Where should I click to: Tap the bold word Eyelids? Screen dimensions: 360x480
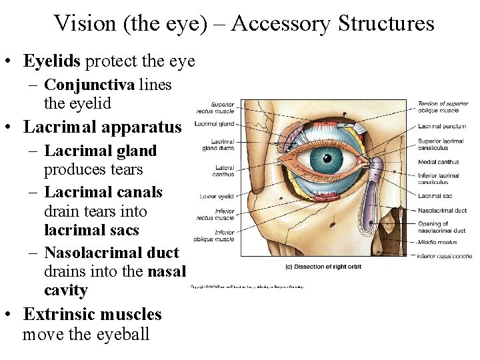click(x=52, y=61)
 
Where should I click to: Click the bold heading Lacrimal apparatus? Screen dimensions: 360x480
click(x=102, y=126)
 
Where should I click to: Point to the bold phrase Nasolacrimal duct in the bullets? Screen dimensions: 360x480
click(x=111, y=253)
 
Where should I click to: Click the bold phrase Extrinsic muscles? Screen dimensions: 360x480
click(x=93, y=314)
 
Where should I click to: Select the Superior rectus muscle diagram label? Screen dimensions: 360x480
click(x=215, y=108)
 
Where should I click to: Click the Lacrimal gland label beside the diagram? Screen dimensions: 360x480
click(x=214, y=123)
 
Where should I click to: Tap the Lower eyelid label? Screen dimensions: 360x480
click(x=217, y=196)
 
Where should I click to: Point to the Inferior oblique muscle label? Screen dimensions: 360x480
click(x=215, y=235)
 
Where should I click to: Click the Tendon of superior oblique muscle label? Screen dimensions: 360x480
click(x=443, y=107)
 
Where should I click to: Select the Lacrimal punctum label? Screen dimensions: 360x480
click(x=442, y=125)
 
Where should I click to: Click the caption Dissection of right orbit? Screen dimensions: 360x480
click(x=323, y=267)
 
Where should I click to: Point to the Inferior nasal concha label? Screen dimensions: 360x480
click(x=445, y=256)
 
